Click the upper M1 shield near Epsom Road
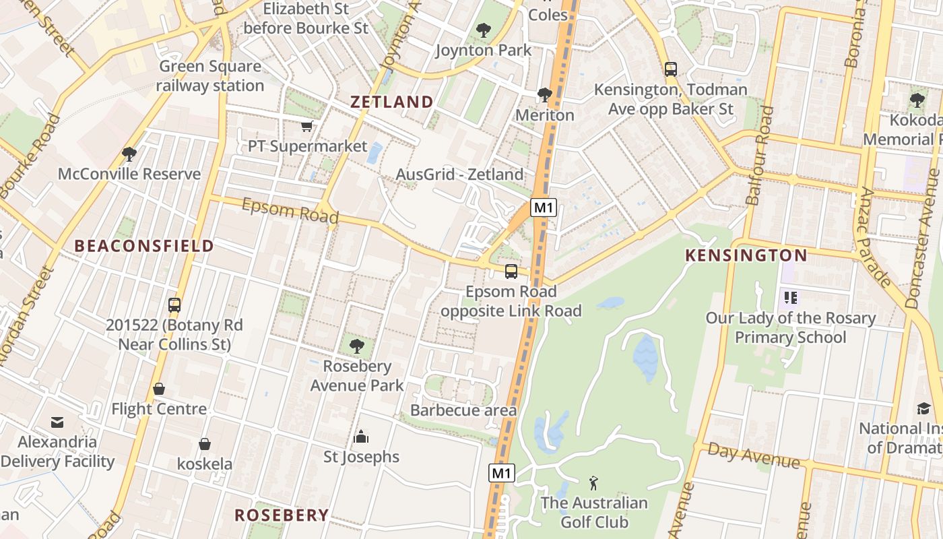click(x=544, y=208)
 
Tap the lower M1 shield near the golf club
click(x=502, y=473)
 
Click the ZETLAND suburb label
click(x=392, y=102)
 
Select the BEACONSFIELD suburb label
click(x=144, y=246)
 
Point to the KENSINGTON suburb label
click(x=746, y=255)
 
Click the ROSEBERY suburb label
click(x=282, y=515)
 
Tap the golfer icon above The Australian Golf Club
click(x=593, y=483)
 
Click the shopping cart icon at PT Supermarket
click(x=307, y=126)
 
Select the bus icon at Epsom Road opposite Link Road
click(x=511, y=272)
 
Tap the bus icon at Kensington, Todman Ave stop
click(x=670, y=69)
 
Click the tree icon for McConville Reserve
click(x=129, y=154)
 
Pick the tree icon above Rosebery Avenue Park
click(x=357, y=346)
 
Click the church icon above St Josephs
click(x=361, y=437)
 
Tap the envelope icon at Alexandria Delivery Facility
click(x=57, y=422)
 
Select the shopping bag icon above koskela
click(x=205, y=444)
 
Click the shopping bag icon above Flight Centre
click(x=159, y=389)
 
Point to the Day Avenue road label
click(x=754, y=456)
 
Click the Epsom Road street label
click(x=290, y=211)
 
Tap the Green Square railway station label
click(x=210, y=76)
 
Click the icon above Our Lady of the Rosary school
click(x=790, y=297)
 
